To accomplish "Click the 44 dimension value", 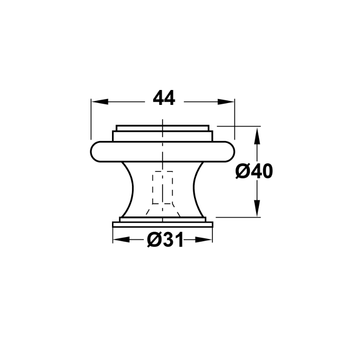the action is [x=164, y=98].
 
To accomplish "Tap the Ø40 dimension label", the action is [x=254, y=171].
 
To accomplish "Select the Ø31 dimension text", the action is [x=165, y=240].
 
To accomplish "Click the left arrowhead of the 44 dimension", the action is [x=99, y=102].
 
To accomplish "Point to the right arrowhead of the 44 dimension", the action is [x=226, y=102].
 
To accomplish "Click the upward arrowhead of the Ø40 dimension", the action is [x=257, y=136].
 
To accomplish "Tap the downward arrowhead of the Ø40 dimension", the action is [x=257, y=208].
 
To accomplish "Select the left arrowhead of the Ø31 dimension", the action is [x=121, y=240].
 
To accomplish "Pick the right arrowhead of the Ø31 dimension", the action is [x=203, y=240].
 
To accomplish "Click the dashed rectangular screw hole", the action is [x=162, y=187].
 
